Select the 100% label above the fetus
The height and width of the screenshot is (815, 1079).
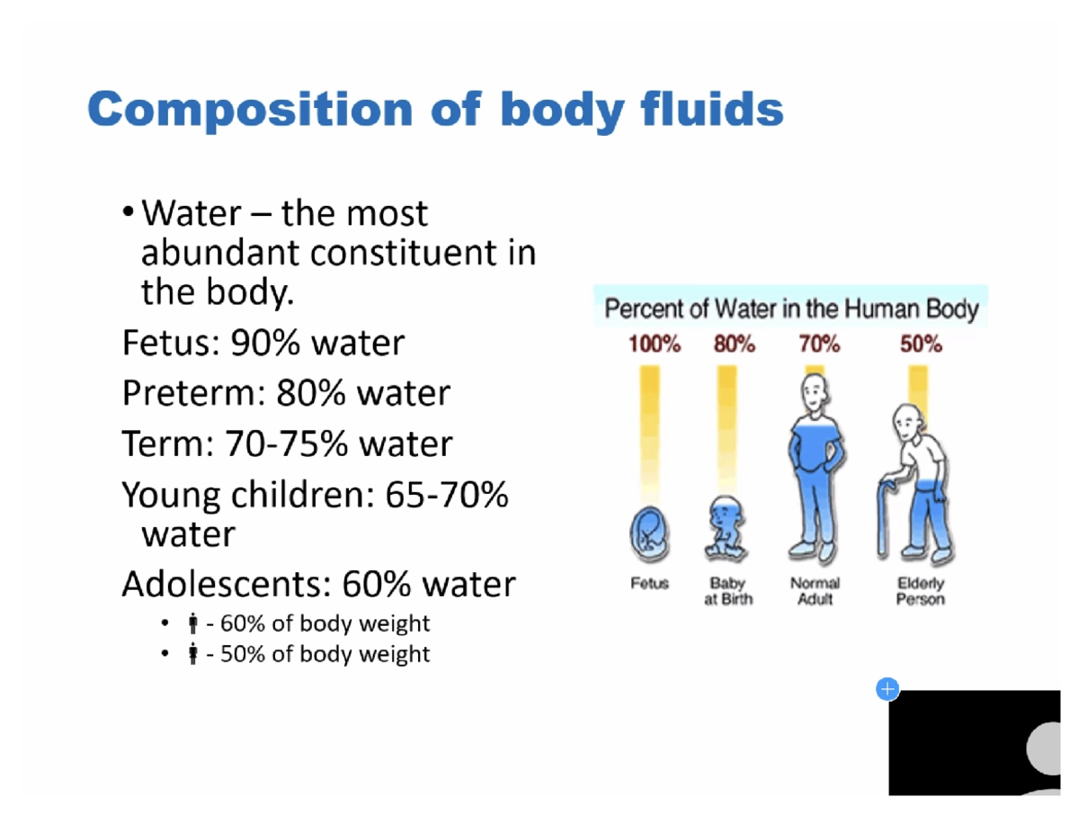(654, 344)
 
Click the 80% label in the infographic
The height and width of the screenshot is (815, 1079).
(734, 344)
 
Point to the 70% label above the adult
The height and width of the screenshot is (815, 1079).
(818, 344)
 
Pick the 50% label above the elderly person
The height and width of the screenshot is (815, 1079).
(921, 344)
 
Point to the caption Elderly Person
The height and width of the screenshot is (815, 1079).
(920, 591)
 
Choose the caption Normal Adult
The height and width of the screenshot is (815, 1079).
(815, 591)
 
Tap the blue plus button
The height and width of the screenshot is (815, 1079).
(887, 690)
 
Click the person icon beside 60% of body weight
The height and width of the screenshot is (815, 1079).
(192, 623)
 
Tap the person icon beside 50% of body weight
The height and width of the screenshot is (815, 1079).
(192, 654)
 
